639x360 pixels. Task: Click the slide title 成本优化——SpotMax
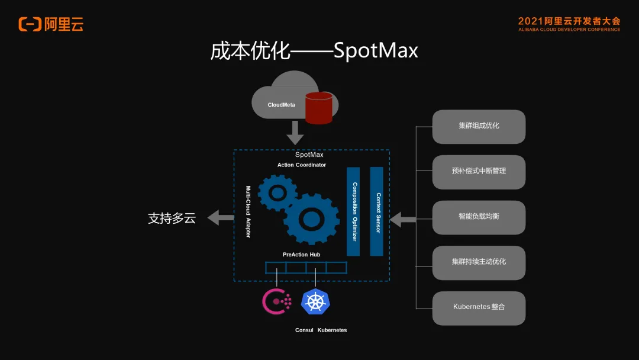(314, 50)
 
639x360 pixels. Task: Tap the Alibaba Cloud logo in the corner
(51, 24)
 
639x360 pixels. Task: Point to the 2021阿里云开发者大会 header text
(569, 21)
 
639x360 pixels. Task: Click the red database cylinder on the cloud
(318, 108)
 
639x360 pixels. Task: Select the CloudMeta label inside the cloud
(281, 105)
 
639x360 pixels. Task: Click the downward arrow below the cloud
(295, 133)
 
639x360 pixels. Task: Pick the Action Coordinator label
(302, 165)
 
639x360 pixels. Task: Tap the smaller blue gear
(277, 191)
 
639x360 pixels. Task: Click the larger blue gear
(311, 219)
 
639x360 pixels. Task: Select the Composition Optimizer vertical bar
(353, 211)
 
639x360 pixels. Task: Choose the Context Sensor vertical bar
(377, 211)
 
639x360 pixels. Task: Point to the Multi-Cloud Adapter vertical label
(248, 211)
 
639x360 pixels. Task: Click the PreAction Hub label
(301, 255)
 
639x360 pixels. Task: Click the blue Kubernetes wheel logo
(315, 301)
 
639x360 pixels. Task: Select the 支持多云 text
(172, 218)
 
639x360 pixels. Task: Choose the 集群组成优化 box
(479, 126)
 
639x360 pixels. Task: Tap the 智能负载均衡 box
(479, 217)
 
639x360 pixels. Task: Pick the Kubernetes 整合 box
(479, 307)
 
